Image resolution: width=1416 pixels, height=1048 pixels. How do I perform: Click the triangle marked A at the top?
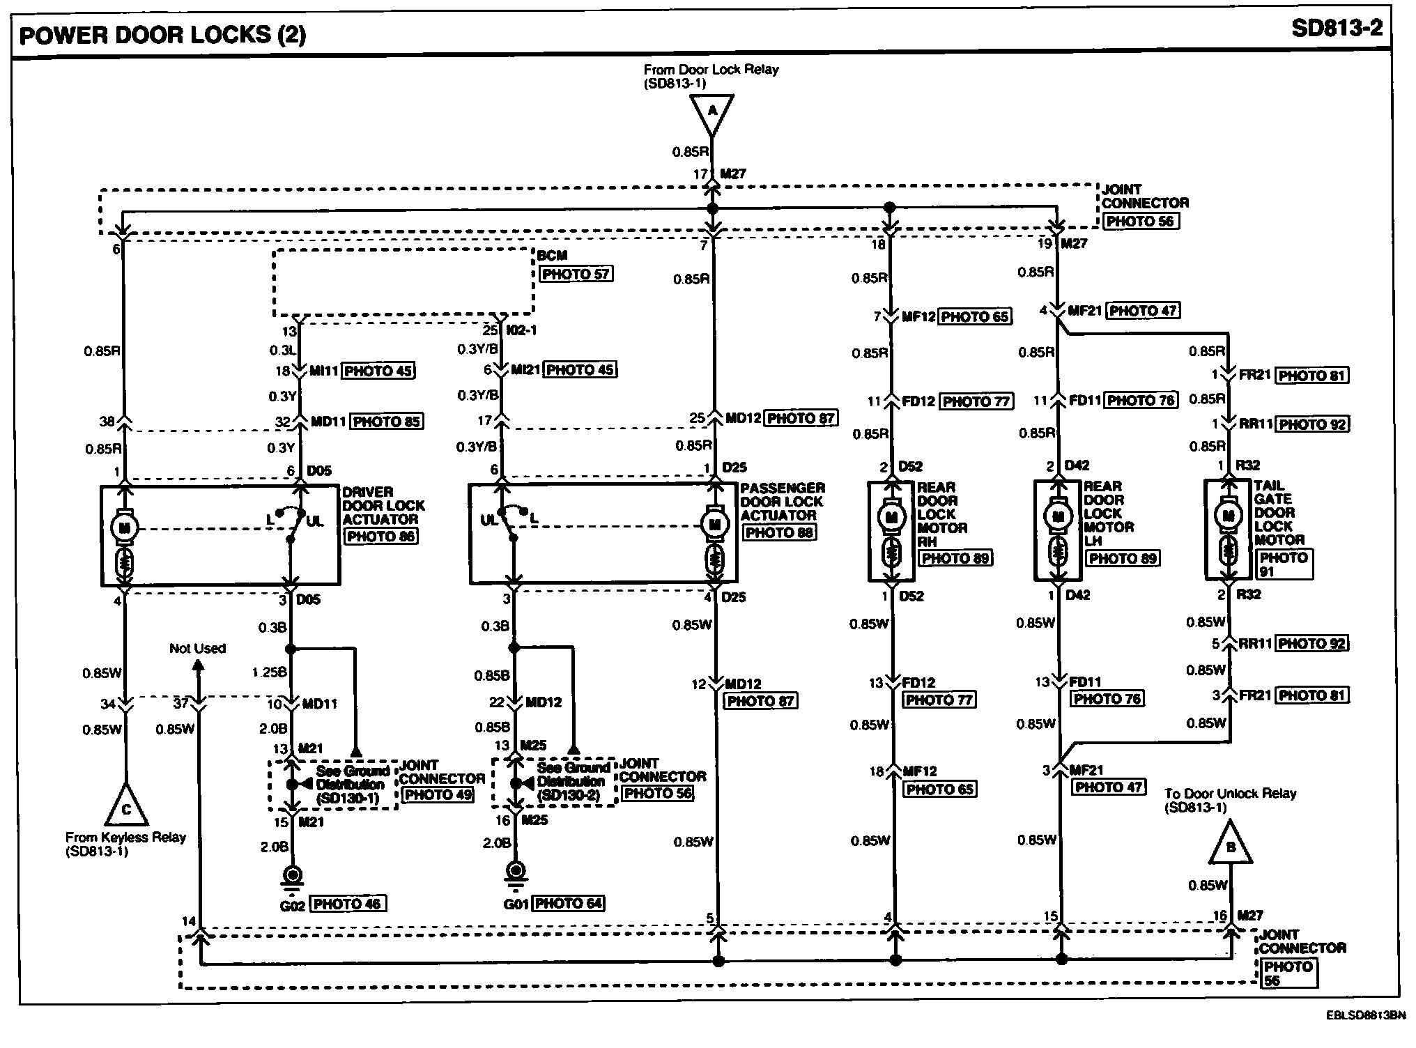pos(711,111)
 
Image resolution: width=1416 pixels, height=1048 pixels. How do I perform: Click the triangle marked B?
pos(1231,845)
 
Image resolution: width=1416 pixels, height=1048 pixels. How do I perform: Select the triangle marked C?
pos(126,806)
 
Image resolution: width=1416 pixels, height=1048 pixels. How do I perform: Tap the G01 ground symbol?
pos(516,872)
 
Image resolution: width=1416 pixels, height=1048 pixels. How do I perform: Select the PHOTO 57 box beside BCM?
pos(576,274)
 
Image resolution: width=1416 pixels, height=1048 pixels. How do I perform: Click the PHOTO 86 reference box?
pos(380,536)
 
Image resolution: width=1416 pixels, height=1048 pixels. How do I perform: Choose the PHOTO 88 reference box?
pos(779,532)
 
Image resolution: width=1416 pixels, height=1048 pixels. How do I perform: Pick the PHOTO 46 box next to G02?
pos(347,904)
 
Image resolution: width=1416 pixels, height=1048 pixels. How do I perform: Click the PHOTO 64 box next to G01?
pos(569,903)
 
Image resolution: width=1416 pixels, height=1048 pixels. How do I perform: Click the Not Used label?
pos(197,648)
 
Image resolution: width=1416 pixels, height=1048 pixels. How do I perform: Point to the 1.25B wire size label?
pos(269,672)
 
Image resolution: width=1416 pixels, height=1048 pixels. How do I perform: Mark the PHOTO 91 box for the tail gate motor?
pos(1284,564)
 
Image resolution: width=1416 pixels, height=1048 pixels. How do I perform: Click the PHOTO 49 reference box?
pos(438,794)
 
